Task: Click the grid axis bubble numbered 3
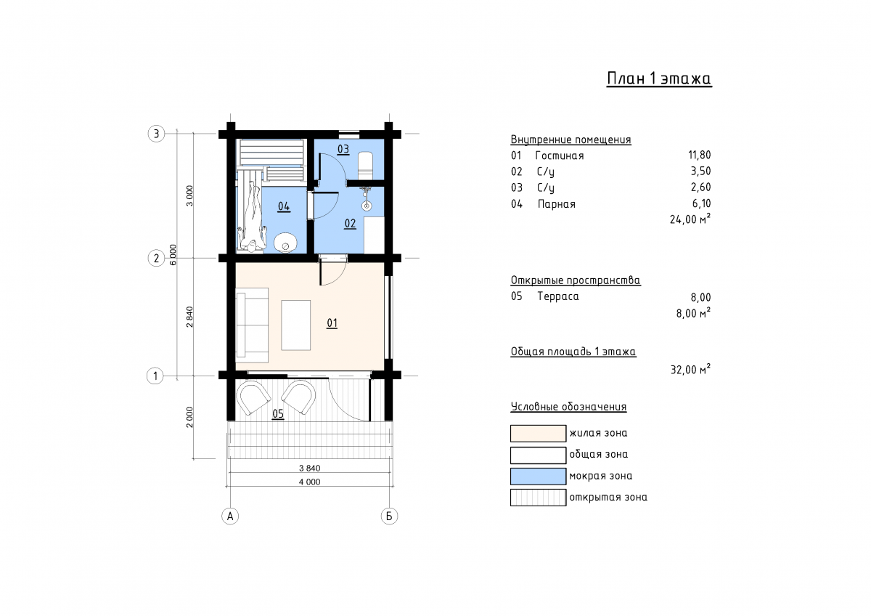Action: pyautogui.click(x=156, y=134)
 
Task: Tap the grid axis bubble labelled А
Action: pyautogui.click(x=230, y=516)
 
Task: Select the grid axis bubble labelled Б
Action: pyautogui.click(x=389, y=516)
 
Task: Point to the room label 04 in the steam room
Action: pyautogui.click(x=284, y=206)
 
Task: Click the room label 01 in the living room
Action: pyautogui.click(x=332, y=323)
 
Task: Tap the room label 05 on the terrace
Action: pyautogui.click(x=278, y=413)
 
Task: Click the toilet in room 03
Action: pyautogui.click(x=364, y=166)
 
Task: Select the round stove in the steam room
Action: pyautogui.click(x=286, y=243)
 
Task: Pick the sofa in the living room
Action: pyautogui.click(x=252, y=325)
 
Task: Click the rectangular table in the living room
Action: pyautogui.click(x=296, y=325)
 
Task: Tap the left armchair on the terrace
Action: pyautogui.click(x=255, y=397)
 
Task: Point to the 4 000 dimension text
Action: pyautogui.click(x=309, y=482)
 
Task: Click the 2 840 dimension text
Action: pyautogui.click(x=189, y=317)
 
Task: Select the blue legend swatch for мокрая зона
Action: pyautogui.click(x=538, y=476)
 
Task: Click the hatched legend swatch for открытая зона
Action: pyautogui.click(x=538, y=498)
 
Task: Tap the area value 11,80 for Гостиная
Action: pyautogui.click(x=700, y=155)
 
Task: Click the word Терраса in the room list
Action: pyautogui.click(x=558, y=296)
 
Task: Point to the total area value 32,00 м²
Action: pyautogui.click(x=690, y=369)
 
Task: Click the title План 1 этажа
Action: pyautogui.click(x=659, y=78)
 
